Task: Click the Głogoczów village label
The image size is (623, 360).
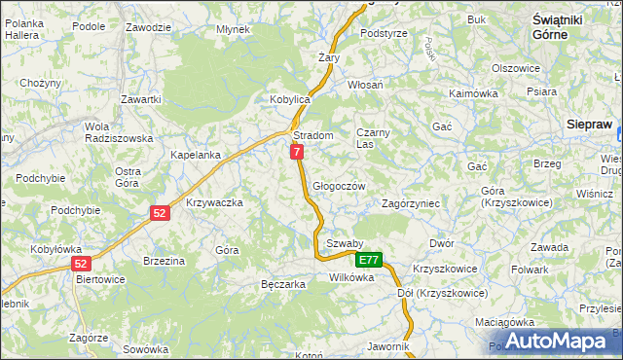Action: (x=339, y=186)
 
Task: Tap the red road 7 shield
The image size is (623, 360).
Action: (x=297, y=152)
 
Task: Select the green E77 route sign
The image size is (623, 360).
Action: (x=368, y=260)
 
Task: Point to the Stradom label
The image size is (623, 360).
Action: (x=313, y=135)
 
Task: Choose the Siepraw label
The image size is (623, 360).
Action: (x=590, y=124)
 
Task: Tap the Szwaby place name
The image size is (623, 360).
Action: (x=345, y=243)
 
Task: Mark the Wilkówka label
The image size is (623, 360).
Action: (x=351, y=277)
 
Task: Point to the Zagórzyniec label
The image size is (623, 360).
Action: (x=412, y=204)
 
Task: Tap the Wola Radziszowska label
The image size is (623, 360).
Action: (x=118, y=132)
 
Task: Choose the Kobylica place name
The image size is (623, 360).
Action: (x=289, y=99)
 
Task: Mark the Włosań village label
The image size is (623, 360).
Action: (x=366, y=85)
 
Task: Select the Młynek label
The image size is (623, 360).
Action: (x=234, y=29)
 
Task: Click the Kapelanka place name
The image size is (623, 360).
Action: (x=196, y=155)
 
